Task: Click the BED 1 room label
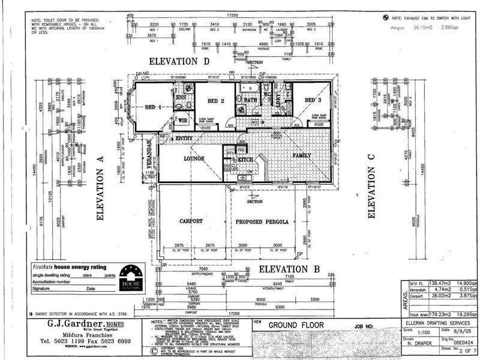click(x=154, y=107)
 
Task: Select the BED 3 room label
click(x=313, y=100)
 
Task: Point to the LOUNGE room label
click(x=194, y=159)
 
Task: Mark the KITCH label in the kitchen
click(x=245, y=160)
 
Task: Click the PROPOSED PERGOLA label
click(x=262, y=221)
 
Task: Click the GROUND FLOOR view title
click(x=296, y=325)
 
